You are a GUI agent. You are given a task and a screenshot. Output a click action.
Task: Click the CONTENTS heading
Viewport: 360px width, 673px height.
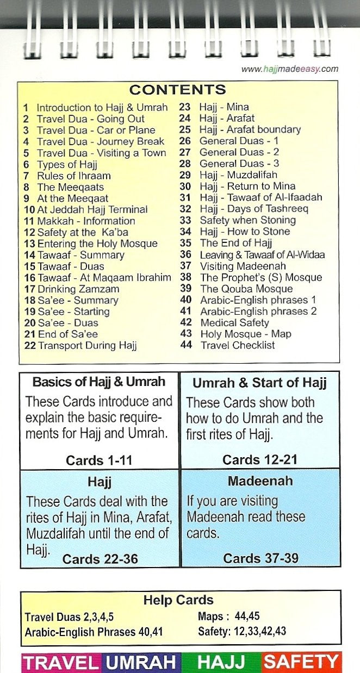pyautogui.click(x=177, y=90)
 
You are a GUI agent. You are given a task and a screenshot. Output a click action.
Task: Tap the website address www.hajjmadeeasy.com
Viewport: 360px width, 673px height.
pyautogui.click(x=289, y=69)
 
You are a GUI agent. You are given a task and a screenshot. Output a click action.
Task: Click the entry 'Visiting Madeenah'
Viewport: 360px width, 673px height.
pyautogui.click(x=243, y=266)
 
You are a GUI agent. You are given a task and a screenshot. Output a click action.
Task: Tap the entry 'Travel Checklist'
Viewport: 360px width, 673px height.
pyautogui.click(x=238, y=345)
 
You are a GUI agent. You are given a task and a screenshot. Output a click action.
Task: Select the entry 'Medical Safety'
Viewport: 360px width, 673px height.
pyautogui.click(x=234, y=322)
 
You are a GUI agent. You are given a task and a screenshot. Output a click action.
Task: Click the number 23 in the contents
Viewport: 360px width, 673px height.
pyautogui.click(x=185, y=107)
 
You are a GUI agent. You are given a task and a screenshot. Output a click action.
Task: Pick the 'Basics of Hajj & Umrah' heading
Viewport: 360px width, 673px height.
pyautogui.click(x=98, y=382)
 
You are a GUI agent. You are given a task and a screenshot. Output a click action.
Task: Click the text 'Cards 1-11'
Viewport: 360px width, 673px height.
pyautogui.click(x=98, y=460)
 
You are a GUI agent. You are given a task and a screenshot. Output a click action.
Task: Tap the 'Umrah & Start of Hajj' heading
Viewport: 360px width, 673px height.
pyautogui.click(x=259, y=383)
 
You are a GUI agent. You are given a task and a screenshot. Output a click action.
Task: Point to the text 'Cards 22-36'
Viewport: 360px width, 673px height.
pyautogui.click(x=100, y=559)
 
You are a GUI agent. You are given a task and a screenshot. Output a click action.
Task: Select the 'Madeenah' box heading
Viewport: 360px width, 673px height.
pyautogui.click(x=260, y=481)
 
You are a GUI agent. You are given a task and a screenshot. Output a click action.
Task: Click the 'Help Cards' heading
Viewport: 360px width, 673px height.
pyautogui.click(x=178, y=601)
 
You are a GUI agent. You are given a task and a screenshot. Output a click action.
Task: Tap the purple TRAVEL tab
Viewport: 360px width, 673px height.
pyautogui.click(x=61, y=662)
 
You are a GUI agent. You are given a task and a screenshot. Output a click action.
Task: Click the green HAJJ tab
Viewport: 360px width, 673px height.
pyautogui.click(x=221, y=662)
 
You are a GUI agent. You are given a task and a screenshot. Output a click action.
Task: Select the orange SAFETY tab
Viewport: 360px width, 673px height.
pyautogui.click(x=301, y=662)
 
